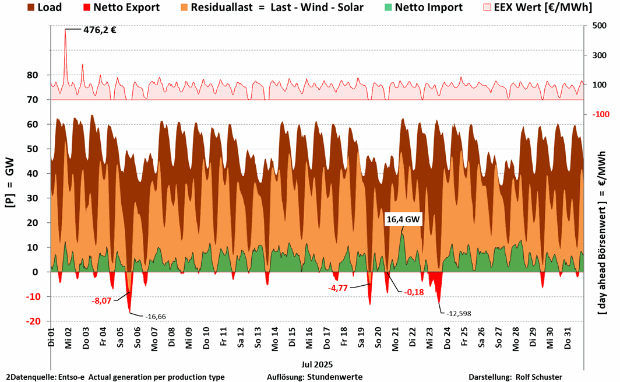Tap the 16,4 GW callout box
(x=403, y=220)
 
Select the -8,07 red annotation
(x=101, y=301)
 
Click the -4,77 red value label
(x=339, y=288)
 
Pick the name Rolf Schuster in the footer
(x=539, y=377)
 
